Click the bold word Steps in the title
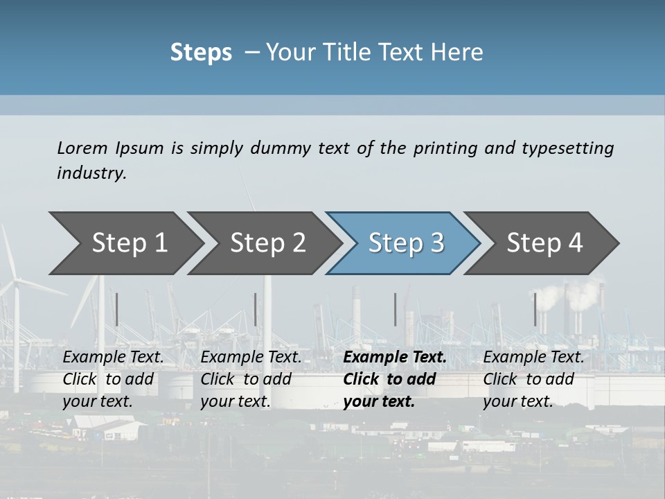click(201, 53)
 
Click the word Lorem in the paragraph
click(82, 148)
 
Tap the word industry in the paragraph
click(91, 173)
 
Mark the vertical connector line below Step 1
click(117, 309)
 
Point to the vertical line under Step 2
click(256, 309)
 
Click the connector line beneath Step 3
click(396, 309)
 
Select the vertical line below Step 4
click(535, 309)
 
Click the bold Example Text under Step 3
click(395, 358)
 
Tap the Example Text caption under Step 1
click(114, 358)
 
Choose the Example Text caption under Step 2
click(251, 358)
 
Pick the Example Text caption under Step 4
click(534, 358)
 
